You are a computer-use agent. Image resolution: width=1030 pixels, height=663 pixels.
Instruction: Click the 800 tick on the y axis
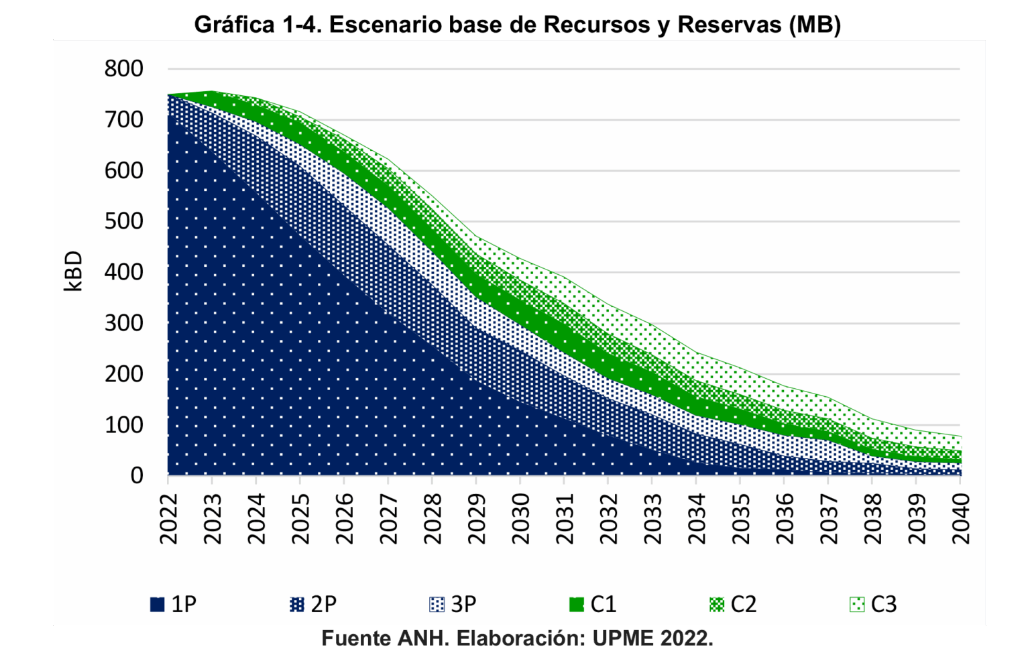pos(123,68)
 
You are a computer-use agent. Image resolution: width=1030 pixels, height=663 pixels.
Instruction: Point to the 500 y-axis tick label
pos(123,221)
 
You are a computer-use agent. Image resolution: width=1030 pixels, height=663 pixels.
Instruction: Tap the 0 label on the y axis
pos(137,475)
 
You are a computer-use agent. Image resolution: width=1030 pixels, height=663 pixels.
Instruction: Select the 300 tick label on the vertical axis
pos(123,323)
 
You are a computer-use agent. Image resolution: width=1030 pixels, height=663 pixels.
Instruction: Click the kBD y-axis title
pos(73,272)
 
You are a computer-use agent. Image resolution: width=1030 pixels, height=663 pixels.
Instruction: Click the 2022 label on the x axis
pos(168,519)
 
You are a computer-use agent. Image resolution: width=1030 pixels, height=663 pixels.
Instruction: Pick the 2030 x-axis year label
pos(520,519)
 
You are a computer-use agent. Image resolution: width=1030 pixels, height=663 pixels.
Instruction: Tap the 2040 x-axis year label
pos(961,519)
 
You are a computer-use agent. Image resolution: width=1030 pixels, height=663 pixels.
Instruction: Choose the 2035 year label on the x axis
pos(741,519)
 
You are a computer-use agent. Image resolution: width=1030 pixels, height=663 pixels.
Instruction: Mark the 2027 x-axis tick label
pos(388,519)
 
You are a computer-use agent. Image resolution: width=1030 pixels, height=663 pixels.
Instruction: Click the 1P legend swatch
pos(158,604)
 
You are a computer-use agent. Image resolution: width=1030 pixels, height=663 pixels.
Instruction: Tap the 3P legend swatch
pos(437,604)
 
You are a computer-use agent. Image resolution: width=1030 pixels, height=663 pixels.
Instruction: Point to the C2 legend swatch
pos(717,604)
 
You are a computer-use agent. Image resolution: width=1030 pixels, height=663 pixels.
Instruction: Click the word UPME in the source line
pos(623,638)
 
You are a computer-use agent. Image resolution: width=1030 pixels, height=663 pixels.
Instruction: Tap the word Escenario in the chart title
pos(384,25)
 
